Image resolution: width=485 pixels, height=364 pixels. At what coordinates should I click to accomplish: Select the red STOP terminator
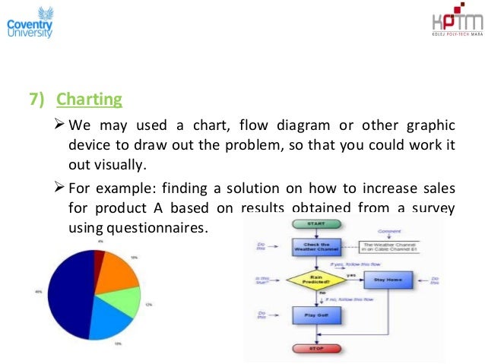tap(318, 349)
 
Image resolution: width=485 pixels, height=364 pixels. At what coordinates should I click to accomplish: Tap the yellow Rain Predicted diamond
tap(316, 280)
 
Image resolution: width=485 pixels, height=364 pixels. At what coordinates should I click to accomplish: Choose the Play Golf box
tap(317, 315)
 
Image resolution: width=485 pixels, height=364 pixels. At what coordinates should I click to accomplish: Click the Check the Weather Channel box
tap(317, 248)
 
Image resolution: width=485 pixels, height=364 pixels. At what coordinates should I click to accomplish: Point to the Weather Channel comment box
tap(391, 246)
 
